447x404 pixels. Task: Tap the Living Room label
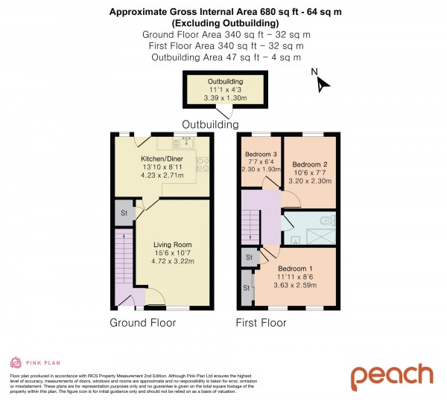coord(173,244)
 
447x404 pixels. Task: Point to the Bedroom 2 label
coord(310,164)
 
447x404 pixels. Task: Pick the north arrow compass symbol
coord(320,81)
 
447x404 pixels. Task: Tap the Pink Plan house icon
coord(15,362)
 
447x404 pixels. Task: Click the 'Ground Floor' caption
coord(142,323)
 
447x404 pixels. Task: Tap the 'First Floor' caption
coord(261,323)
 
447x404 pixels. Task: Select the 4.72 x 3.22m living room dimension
coord(173,261)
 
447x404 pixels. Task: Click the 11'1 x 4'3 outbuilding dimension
coord(224,89)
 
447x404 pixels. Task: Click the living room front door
coord(154,301)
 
